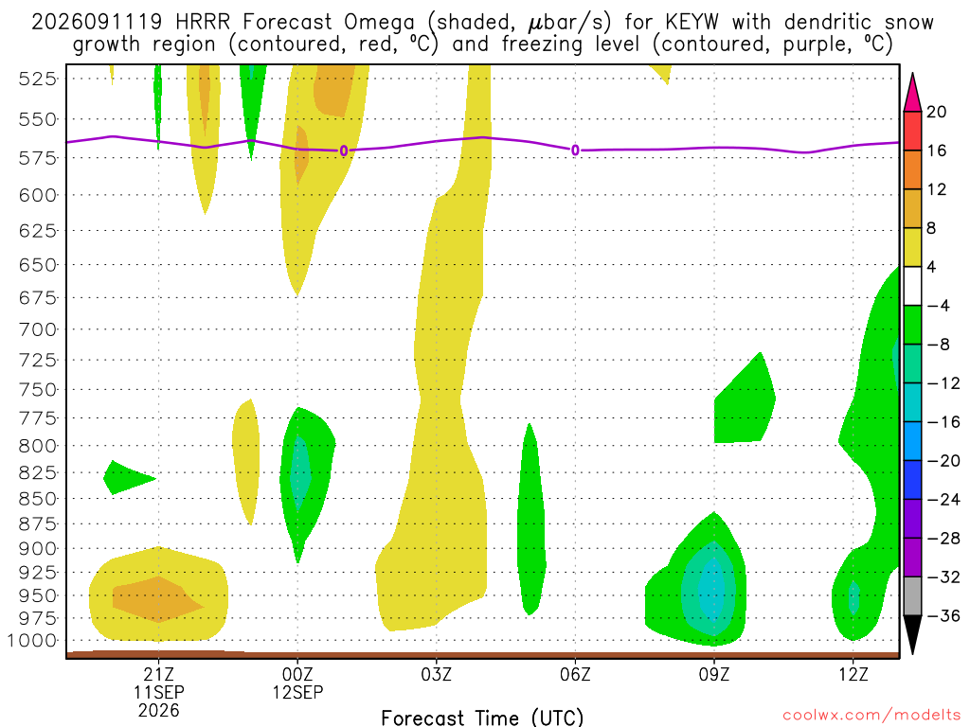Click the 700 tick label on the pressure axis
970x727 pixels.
(x=38, y=329)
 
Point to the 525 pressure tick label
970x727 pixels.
(x=38, y=80)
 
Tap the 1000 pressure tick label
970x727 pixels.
(x=33, y=641)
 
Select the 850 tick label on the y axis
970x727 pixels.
(x=38, y=499)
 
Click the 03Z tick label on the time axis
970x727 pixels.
(x=436, y=674)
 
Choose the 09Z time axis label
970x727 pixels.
(x=714, y=674)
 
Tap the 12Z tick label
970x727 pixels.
(x=853, y=674)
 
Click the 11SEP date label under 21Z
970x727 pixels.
(x=159, y=692)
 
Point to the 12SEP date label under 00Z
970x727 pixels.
(x=297, y=692)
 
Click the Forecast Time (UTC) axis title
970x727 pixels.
(x=482, y=718)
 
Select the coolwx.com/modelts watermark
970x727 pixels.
(x=871, y=716)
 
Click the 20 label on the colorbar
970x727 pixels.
(x=937, y=112)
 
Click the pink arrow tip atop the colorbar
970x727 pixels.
(x=912, y=74)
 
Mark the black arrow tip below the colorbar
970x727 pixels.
(x=912, y=653)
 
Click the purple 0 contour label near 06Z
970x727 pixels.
(x=575, y=151)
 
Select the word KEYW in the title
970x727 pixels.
(x=692, y=23)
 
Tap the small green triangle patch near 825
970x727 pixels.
(x=124, y=477)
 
